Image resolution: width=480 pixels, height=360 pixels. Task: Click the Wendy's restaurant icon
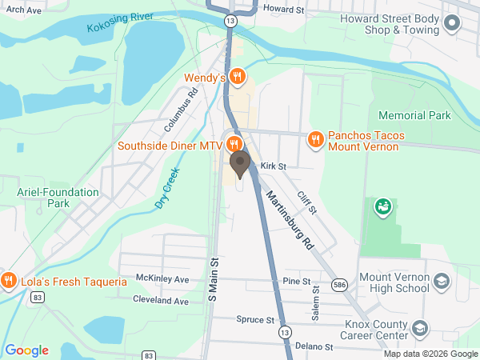pyautogui.click(x=236, y=77)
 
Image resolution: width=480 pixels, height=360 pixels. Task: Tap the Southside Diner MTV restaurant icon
pyautogui.click(x=234, y=145)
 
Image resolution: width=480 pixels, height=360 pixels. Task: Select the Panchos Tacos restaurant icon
pyautogui.click(x=316, y=140)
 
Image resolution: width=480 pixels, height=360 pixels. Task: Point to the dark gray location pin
pyautogui.click(x=239, y=165)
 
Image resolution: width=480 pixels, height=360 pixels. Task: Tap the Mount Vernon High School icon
pyautogui.click(x=442, y=282)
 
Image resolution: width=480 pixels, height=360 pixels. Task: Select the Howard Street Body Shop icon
pyautogui.click(x=452, y=24)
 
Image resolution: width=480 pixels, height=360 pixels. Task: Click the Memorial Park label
pyautogui.click(x=414, y=115)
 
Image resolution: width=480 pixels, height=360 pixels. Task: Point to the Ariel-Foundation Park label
pyautogui.click(x=58, y=198)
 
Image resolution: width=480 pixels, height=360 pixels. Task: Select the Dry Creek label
pyautogui.click(x=167, y=189)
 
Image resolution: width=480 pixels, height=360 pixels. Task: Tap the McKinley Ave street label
pyautogui.click(x=162, y=280)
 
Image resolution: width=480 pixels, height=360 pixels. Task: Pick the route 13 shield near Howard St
pyautogui.click(x=230, y=18)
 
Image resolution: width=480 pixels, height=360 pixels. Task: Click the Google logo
pyautogui.click(x=26, y=350)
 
